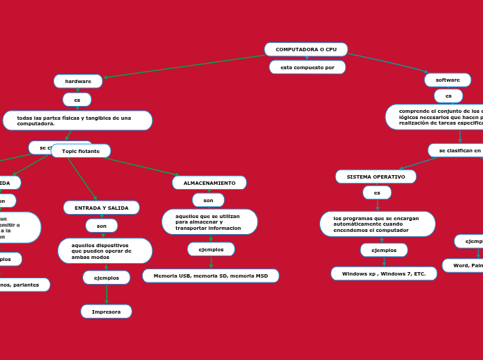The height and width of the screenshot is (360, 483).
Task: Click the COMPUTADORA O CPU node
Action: tap(306, 50)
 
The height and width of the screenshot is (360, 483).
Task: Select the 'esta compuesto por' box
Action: tap(307, 67)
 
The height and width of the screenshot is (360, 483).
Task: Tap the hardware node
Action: tap(78, 81)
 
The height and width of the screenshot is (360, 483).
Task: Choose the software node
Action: tap(448, 80)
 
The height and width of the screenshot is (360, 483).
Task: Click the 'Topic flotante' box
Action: tap(80, 151)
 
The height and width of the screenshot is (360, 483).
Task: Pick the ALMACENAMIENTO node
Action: tap(209, 183)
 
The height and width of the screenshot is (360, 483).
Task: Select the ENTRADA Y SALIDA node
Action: tap(101, 208)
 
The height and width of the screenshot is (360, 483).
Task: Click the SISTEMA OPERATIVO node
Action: tap(376, 177)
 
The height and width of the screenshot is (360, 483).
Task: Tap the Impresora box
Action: tap(106, 312)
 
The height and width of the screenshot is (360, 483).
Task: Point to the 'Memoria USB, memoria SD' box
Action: tap(211, 276)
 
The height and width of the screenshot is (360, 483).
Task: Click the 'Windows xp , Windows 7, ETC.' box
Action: tap(384, 273)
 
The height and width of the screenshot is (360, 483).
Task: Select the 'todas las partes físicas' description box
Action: tap(78, 120)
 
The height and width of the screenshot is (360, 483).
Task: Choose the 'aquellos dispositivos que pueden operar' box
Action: tap(105, 251)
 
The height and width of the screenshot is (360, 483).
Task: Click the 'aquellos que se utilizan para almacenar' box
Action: tap(209, 222)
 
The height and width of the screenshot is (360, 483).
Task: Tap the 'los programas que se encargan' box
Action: tap(377, 224)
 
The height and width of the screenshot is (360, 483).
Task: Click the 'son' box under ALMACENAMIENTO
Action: tap(208, 200)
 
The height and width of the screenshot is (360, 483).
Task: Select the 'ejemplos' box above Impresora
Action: tap(106, 278)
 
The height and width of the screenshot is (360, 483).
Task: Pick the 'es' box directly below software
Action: tap(448, 96)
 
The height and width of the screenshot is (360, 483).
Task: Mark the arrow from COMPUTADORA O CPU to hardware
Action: tap(184, 66)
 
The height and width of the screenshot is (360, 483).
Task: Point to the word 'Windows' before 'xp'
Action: tap(354, 273)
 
